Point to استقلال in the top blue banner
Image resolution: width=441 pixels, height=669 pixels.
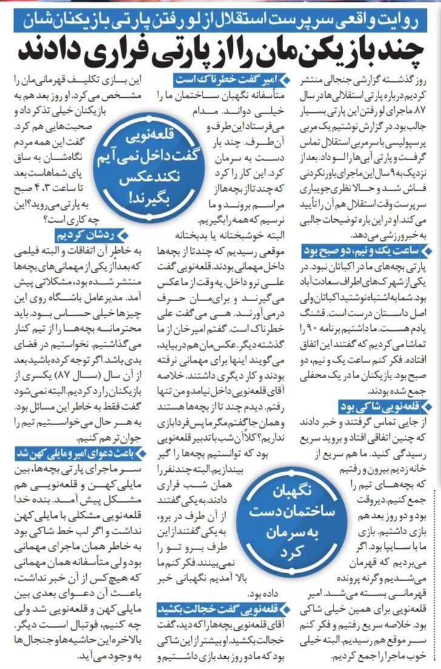272,18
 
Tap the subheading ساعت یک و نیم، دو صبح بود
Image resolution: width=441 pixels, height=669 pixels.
371,250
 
